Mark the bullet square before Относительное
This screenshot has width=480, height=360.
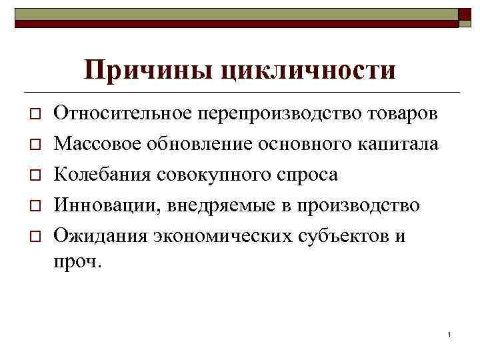31,114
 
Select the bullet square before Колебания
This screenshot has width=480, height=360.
31,175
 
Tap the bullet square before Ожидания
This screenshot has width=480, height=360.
31,237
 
